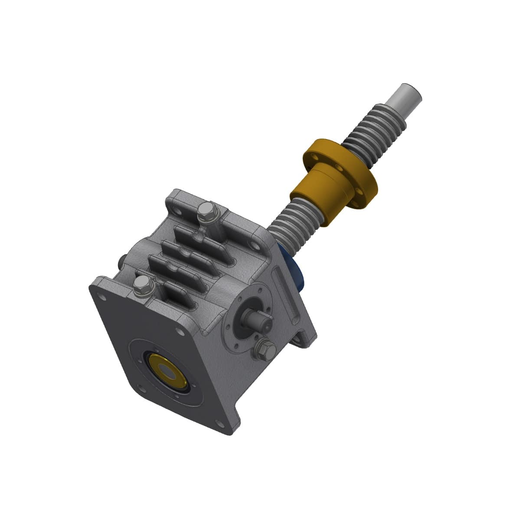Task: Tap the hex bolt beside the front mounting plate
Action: tap(141, 285)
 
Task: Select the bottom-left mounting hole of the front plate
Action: tap(144, 387)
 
